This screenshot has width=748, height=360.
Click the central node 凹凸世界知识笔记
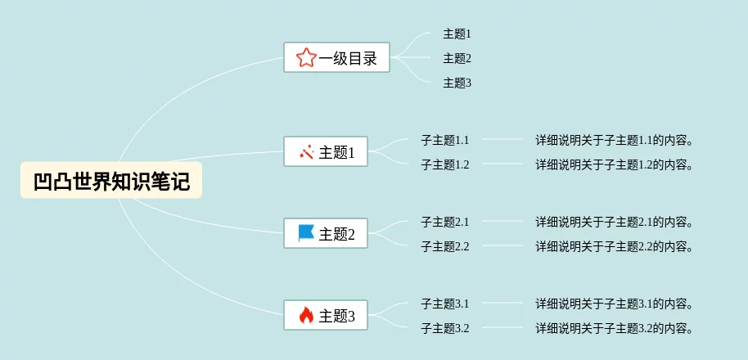111,180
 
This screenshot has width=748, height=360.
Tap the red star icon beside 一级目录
306,57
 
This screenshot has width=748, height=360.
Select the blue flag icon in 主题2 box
306,234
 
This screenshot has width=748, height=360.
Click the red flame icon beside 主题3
306,315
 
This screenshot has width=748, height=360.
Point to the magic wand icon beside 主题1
307,152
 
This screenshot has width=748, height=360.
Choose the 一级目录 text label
348,58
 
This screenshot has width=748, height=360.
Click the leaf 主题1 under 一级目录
457,34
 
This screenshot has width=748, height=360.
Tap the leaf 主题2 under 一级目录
457,58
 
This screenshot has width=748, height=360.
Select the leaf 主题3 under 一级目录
457,83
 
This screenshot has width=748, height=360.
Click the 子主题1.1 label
444,140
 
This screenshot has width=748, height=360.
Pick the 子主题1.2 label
444,164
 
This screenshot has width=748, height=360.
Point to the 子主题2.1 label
444,222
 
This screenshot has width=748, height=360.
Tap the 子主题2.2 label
444,246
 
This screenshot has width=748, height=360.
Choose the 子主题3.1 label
444,304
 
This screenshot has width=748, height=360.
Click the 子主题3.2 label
444,328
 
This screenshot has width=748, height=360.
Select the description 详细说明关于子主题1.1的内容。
615,140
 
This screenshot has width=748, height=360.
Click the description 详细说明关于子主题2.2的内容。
615,246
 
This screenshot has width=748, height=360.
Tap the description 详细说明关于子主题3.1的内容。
615,304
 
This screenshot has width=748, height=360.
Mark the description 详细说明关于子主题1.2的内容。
615,164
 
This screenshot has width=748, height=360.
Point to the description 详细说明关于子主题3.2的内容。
615,328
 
